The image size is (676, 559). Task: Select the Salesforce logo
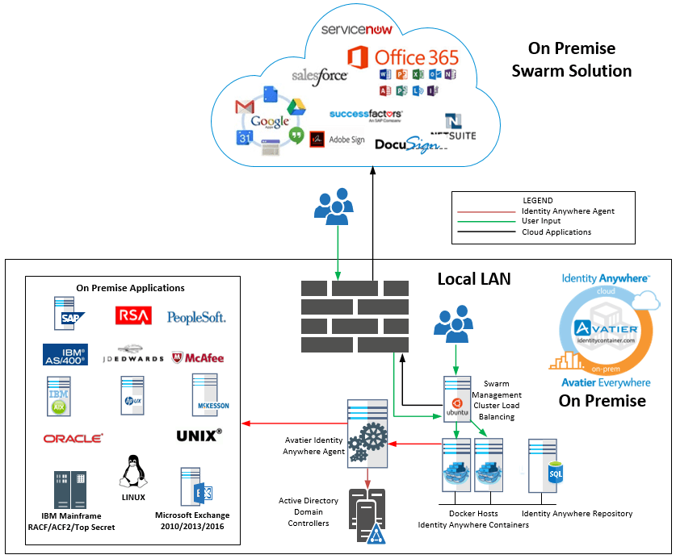click(320, 75)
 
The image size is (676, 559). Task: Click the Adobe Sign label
click(346, 140)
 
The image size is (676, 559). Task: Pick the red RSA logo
click(133, 315)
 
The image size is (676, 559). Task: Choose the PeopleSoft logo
click(196, 317)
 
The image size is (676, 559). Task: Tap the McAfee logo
click(198, 357)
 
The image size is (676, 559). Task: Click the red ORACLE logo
click(73, 438)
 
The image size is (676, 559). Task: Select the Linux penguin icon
click(132, 471)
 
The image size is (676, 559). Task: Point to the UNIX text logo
click(199, 436)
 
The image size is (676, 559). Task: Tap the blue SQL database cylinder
click(556, 473)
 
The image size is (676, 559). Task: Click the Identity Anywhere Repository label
click(577, 514)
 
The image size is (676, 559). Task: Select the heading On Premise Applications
click(130, 288)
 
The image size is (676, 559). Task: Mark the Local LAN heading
click(474, 279)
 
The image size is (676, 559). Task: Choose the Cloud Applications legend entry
click(556, 232)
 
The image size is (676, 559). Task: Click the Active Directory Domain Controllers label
click(309, 512)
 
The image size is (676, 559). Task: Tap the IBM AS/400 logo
click(65, 355)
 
